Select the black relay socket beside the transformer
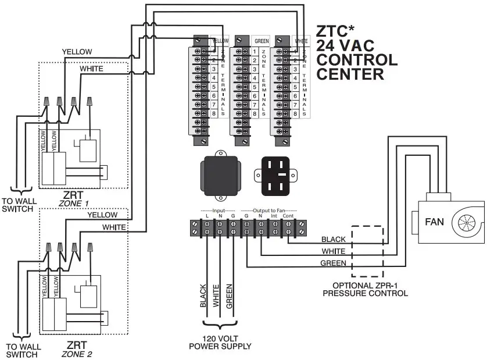276,174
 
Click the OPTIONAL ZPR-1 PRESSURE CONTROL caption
365,290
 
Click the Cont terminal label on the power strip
287,216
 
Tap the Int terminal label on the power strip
274,216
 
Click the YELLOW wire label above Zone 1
77,52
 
